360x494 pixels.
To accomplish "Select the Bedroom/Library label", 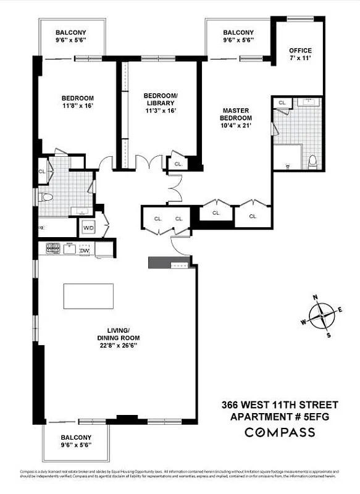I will (x=160, y=99).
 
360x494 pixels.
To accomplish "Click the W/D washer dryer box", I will (x=88, y=228).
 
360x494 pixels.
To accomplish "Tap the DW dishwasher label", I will (x=85, y=250).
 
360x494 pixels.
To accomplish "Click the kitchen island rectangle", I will (x=88, y=296).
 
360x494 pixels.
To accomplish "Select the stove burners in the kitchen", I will (x=52, y=249).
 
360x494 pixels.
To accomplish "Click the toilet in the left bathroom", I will (x=45, y=198).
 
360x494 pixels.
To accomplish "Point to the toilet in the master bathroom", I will (x=312, y=162).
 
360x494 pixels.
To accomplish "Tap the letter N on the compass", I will (x=315, y=298).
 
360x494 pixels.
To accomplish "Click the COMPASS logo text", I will (x=280, y=432).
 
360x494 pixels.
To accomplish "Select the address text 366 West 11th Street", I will (x=280, y=405).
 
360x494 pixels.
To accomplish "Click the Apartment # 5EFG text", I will (x=280, y=417).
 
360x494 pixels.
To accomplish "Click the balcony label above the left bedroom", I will (x=71, y=33).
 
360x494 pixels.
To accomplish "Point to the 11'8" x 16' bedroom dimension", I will (x=77, y=106).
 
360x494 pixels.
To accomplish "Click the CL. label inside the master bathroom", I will (x=282, y=103).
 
